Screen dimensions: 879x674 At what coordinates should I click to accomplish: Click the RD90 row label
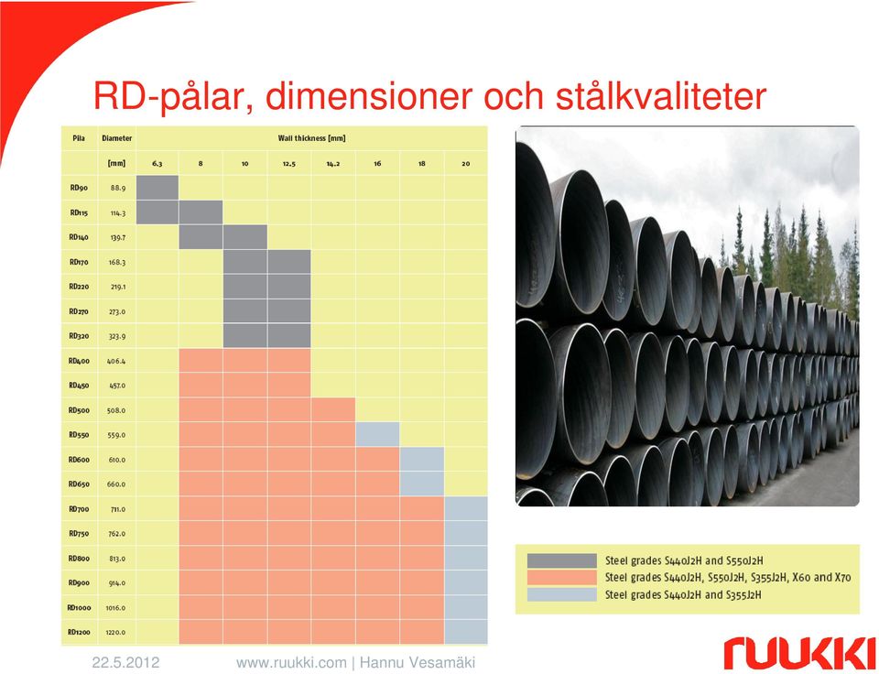[79, 188]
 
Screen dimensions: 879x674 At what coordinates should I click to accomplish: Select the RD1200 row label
[79, 632]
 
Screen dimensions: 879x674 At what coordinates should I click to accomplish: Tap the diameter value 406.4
[116, 361]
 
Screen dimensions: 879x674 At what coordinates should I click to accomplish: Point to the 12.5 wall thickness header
[289, 164]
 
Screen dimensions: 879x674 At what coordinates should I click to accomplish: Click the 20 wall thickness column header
[466, 164]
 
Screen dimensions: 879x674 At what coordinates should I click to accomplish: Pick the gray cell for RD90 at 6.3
[157, 188]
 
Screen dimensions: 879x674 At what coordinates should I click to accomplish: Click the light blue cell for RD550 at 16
[378, 434]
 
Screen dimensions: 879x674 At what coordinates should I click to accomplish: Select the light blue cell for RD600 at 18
[422, 459]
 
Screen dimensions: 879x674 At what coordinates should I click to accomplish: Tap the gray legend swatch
[561, 560]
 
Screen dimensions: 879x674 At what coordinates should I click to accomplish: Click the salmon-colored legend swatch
[561, 578]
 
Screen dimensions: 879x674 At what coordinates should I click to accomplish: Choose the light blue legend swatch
[561, 594]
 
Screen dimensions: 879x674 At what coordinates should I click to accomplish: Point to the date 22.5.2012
[125, 663]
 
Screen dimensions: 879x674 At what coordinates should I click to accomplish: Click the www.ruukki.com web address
[291, 663]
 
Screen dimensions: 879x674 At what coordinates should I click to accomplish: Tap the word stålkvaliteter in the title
[661, 96]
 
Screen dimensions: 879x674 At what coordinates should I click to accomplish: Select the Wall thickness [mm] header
[311, 138]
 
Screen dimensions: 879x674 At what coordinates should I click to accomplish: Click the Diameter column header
[116, 138]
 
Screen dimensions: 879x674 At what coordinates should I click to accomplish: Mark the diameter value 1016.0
[115, 608]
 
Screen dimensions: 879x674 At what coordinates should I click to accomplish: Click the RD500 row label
[79, 410]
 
